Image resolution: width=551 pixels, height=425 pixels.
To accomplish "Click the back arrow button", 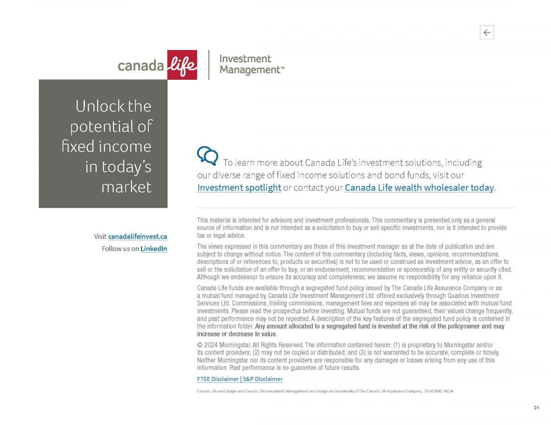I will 487,33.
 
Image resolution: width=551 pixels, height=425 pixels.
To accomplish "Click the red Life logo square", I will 182,65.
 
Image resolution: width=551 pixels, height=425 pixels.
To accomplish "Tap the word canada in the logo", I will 141,66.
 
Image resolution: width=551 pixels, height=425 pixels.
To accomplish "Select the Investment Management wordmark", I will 252,64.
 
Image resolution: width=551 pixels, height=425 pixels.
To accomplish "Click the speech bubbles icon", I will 208,155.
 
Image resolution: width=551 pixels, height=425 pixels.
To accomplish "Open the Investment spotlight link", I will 239,188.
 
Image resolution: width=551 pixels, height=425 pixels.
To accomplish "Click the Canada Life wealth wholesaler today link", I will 419,188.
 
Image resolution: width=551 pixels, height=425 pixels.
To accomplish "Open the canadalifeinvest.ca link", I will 137,237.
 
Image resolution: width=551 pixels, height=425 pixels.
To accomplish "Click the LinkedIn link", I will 153,248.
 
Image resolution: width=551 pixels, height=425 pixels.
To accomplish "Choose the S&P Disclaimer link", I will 263,379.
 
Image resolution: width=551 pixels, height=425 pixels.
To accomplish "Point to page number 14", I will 536,408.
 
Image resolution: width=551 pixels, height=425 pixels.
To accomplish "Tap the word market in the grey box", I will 126,187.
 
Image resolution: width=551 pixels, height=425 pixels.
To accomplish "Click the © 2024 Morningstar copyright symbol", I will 199,345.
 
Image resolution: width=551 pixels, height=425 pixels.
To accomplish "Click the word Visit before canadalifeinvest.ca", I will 100,237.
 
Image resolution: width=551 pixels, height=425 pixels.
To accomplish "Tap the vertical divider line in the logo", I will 209,65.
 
